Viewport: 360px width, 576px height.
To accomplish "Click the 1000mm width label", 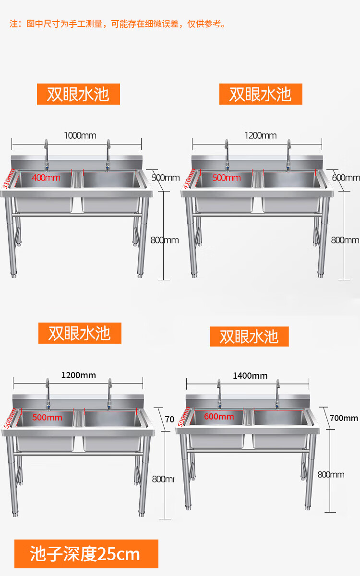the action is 80,135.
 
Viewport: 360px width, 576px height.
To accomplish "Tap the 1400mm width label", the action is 250,375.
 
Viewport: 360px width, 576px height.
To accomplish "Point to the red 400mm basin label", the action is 46,178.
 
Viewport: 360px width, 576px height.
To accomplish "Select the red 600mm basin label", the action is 219,416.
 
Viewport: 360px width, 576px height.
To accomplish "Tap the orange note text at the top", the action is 118,24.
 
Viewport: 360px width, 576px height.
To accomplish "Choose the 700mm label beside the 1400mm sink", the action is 344,418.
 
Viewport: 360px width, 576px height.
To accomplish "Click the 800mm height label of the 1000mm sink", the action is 164,240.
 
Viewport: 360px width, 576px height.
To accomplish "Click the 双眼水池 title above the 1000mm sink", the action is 78,94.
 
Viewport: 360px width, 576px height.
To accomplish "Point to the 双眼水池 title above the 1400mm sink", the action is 249,336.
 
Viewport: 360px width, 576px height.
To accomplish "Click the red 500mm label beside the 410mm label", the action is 227,178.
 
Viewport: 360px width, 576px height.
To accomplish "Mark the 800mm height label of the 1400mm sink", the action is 331,475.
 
